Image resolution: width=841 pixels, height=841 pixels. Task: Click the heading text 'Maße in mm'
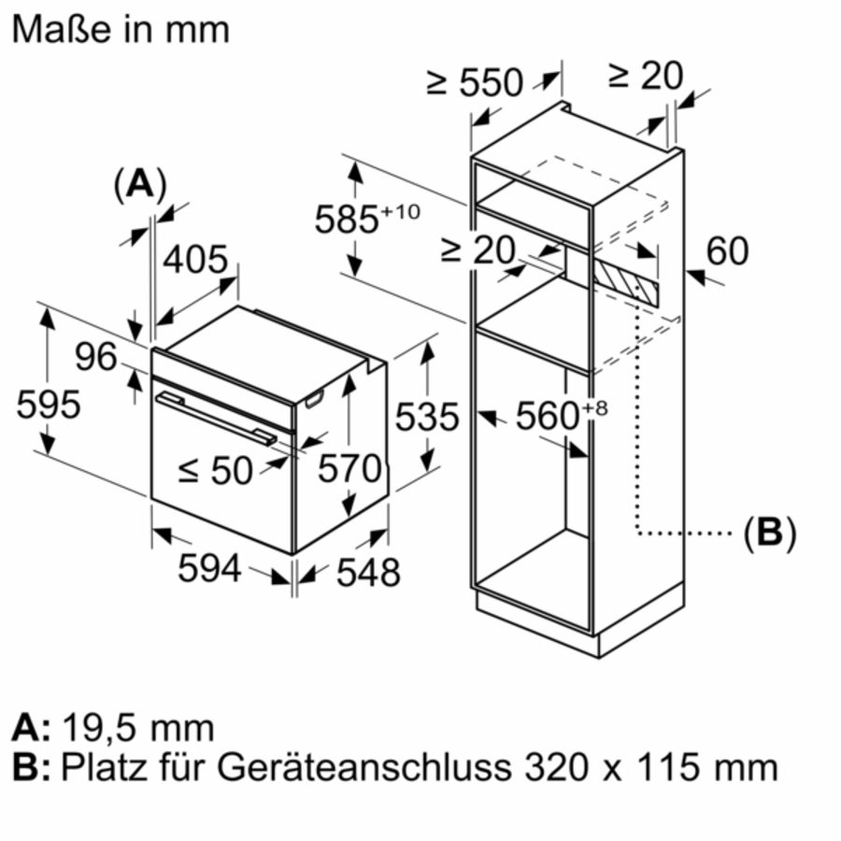coord(120,28)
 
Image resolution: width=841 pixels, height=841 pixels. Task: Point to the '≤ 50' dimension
coord(215,471)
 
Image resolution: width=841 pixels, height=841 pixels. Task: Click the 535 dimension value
coord(427,417)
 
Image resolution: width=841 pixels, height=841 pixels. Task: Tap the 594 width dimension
coord(210,567)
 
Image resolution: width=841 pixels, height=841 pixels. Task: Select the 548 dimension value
coord(367,572)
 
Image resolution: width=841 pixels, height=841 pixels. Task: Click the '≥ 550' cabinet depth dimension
coord(474,82)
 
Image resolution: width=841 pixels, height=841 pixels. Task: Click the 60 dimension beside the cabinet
coord(727,250)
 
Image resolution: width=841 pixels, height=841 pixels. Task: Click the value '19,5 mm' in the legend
coord(138,727)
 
